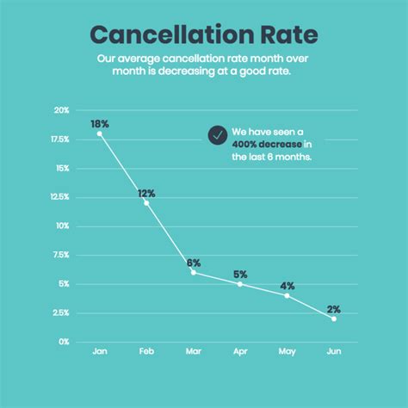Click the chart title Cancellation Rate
203,35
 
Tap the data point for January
100,133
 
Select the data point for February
146,202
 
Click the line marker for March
194,272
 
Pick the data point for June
334,318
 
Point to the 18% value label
100,124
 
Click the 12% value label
147,193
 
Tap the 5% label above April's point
241,275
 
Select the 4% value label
287,286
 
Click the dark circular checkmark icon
217,135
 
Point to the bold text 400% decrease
267,144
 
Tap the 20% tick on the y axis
61,110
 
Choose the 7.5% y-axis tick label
60,255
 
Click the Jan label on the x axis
100,353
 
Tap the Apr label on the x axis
240,353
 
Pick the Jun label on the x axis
334,353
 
